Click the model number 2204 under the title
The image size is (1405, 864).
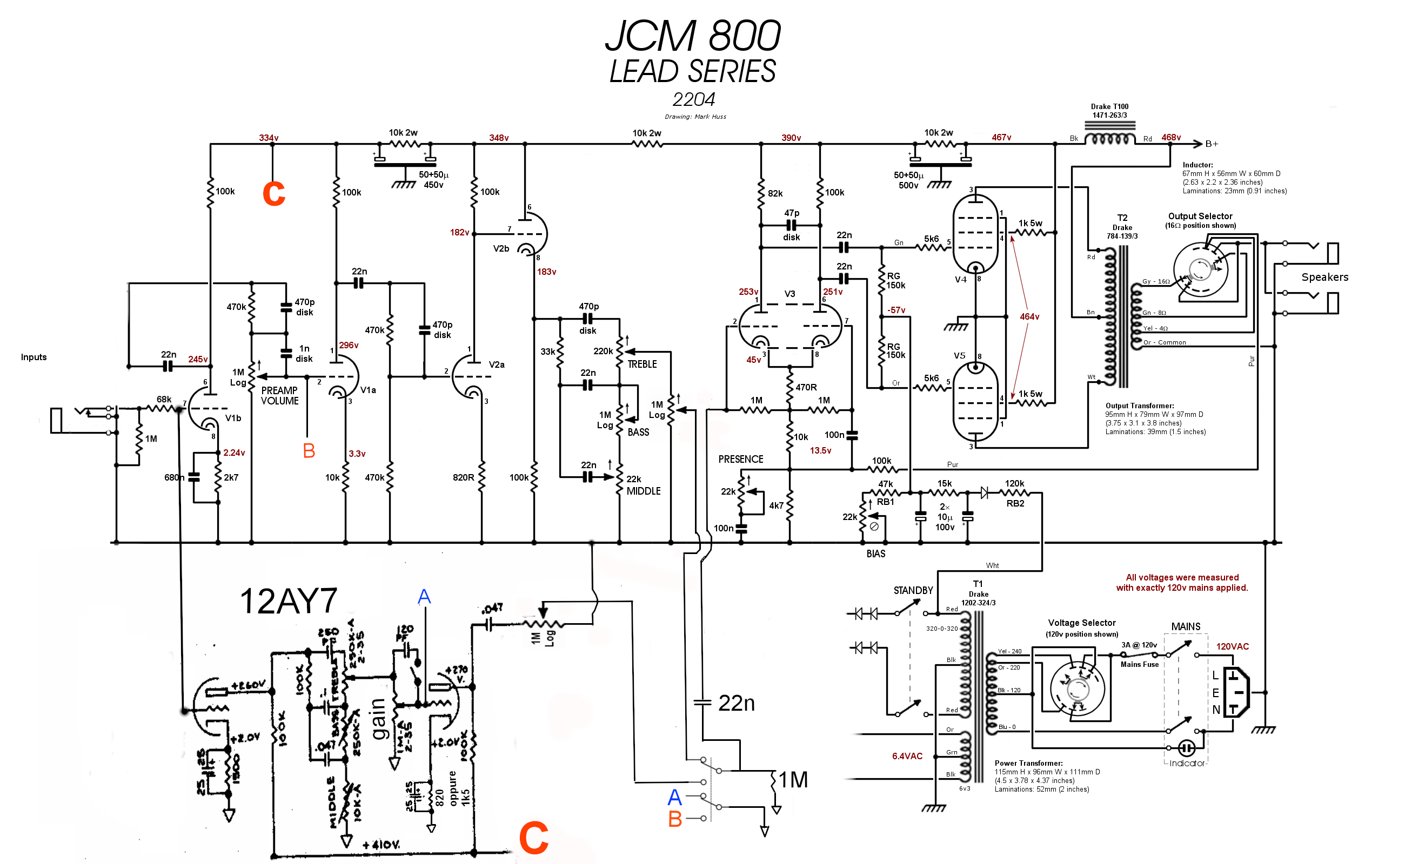tap(693, 100)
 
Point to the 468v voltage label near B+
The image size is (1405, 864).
tap(1170, 138)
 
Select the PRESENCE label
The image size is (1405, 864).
tap(740, 460)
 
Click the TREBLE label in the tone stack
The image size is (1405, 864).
tap(641, 364)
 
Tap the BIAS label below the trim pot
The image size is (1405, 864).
tap(875, 553)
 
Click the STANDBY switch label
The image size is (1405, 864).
tap(913, 590)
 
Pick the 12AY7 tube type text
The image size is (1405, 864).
tap(288, 602)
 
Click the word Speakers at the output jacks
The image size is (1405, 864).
tap(1324, 277)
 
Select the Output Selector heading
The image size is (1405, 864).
tap(1200, 217)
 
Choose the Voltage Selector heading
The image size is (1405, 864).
tap(1081, 623)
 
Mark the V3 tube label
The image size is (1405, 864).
tap(789, 294)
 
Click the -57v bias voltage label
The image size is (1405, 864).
tap(896, 310)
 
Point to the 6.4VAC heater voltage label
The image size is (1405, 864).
tap(907, 756)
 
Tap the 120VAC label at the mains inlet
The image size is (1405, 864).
tap(1232, 647)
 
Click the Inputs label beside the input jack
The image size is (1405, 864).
tap(34, 357)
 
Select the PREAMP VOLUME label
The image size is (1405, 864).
tap(279, 395)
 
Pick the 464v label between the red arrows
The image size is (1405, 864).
tap(1029, 316)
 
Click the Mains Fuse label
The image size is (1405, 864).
tap(1139, 665)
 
